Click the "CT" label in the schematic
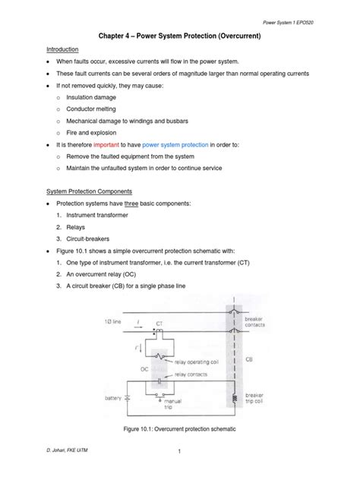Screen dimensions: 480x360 pos(160,323)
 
